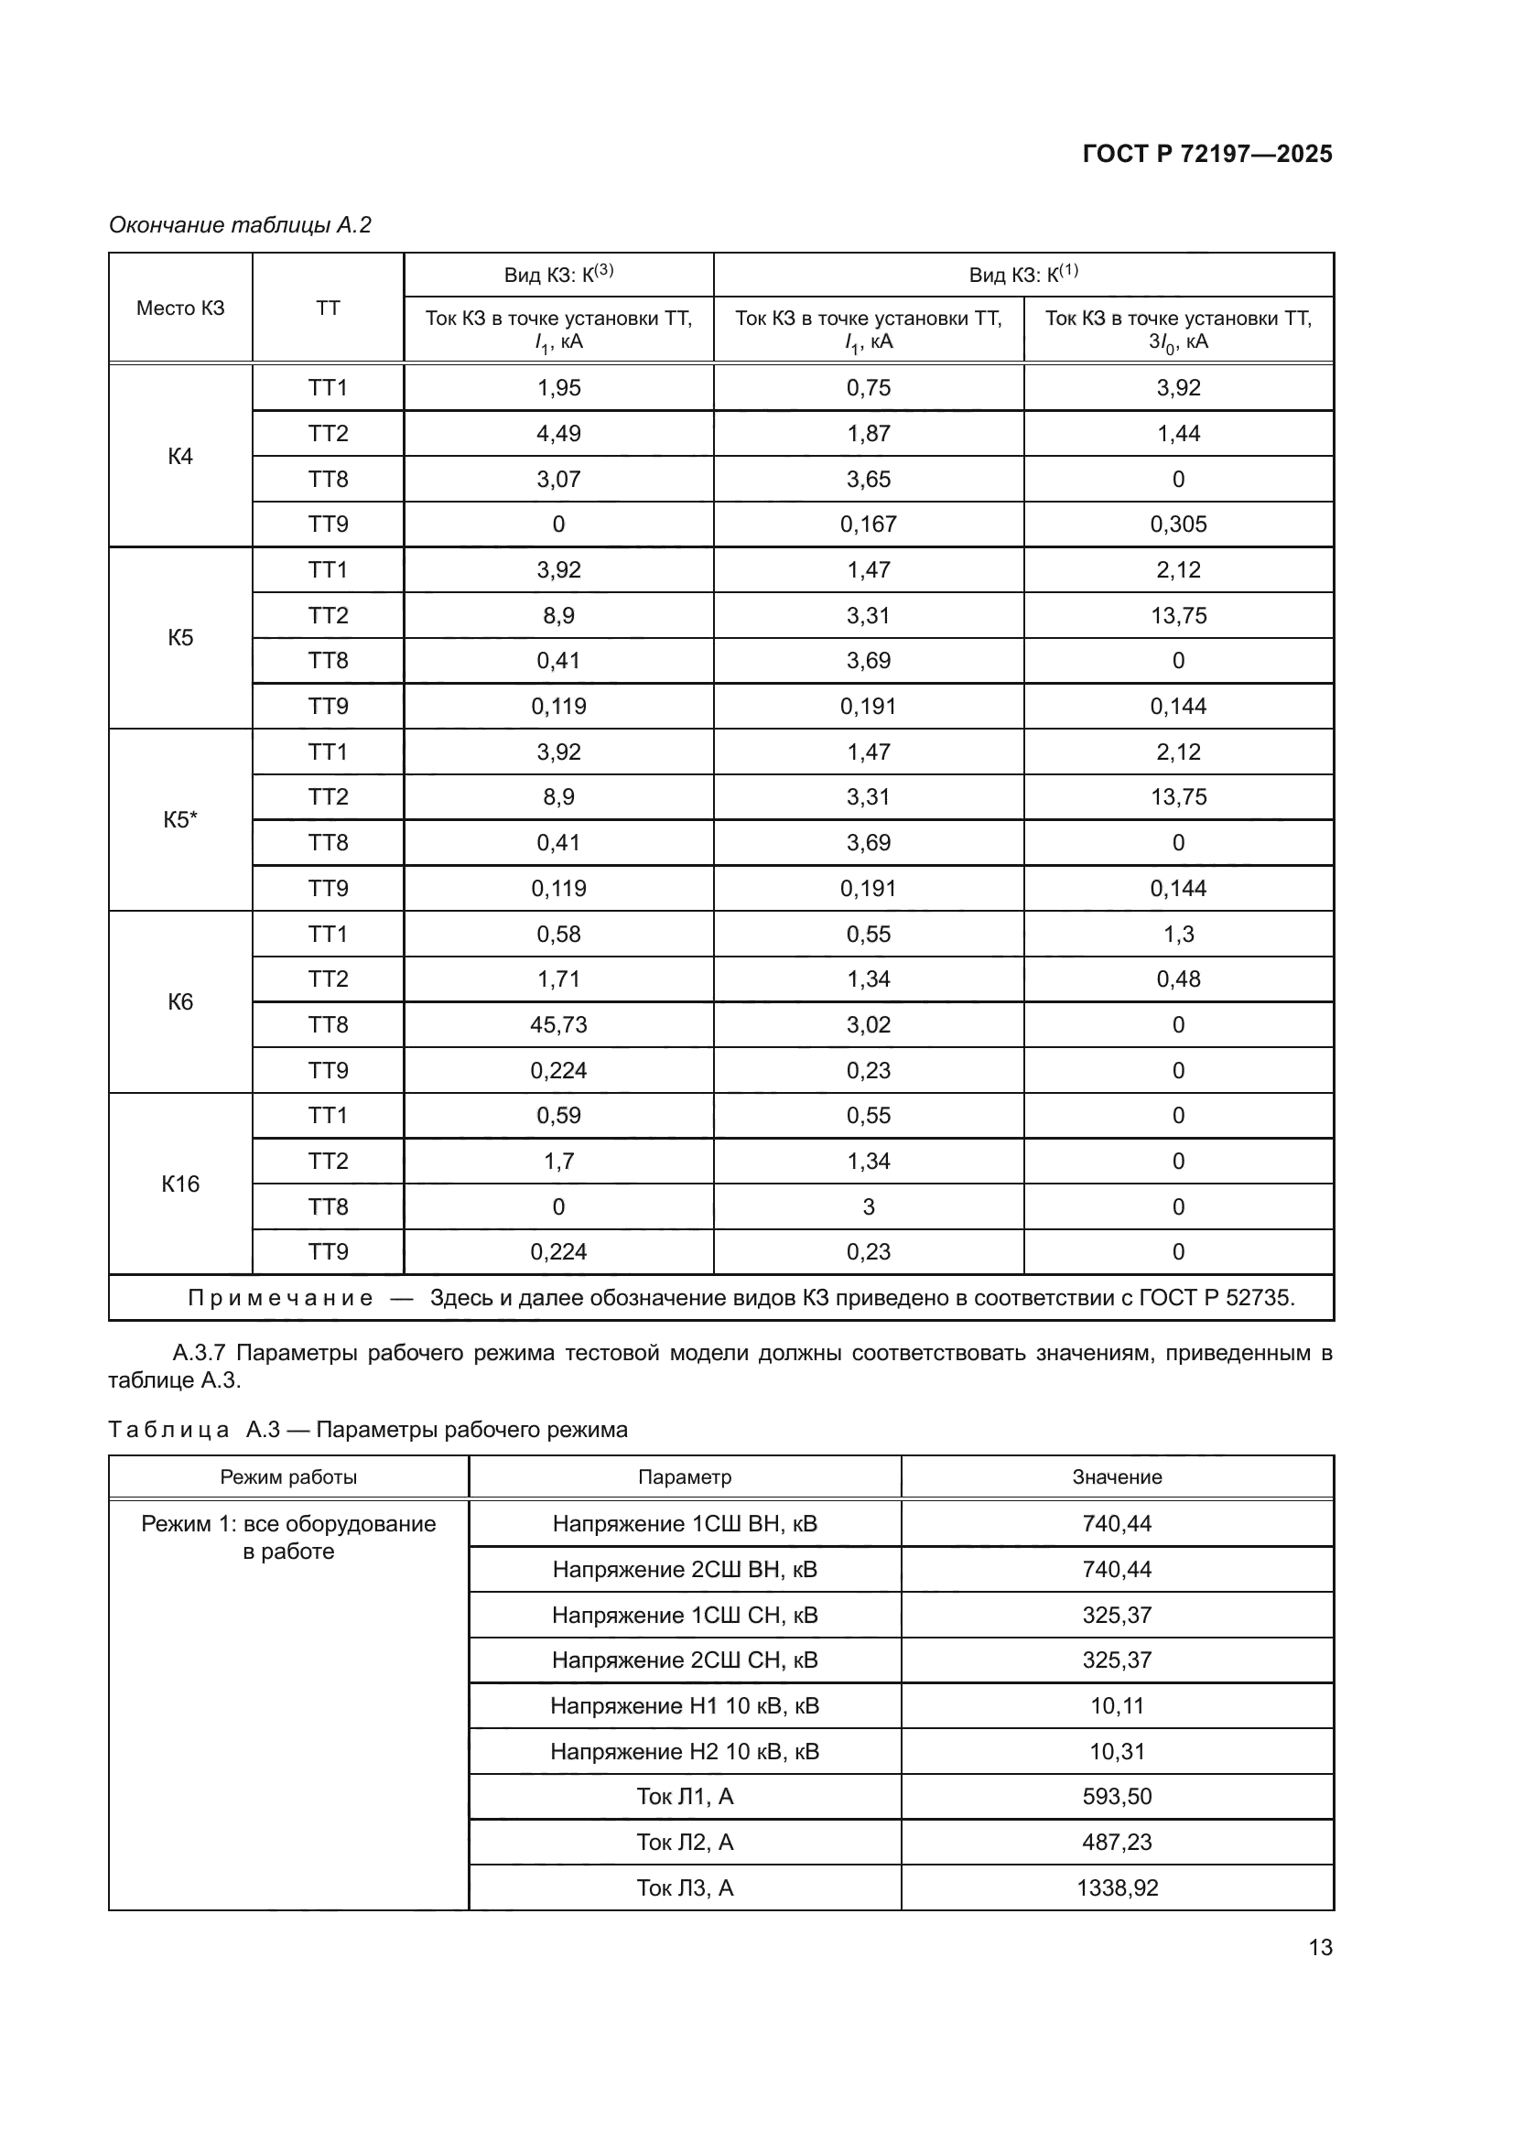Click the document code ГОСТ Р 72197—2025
(1207, 154)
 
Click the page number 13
(1320, 1947)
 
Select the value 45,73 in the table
(558, 1025)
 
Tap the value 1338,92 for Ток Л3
(1117, 1887)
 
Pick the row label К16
(180, 1184)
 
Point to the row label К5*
(180, 819)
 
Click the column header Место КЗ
(180, 308)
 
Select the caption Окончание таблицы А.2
(240, 225)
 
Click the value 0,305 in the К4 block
(1177, 524)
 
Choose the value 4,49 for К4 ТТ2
(558, 434)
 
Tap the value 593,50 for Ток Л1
(1117, 1796)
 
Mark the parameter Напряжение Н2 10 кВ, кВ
(685, 1751)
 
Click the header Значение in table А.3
(1117, 1477)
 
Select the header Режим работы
(288, 1477)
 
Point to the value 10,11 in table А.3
(1117, 1705)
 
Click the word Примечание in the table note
(281, 1298)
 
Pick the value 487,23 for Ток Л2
(1117, 1842)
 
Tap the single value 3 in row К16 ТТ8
(868, 1206)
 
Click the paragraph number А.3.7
(199, 1353)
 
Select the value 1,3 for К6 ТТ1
(1177, 935)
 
